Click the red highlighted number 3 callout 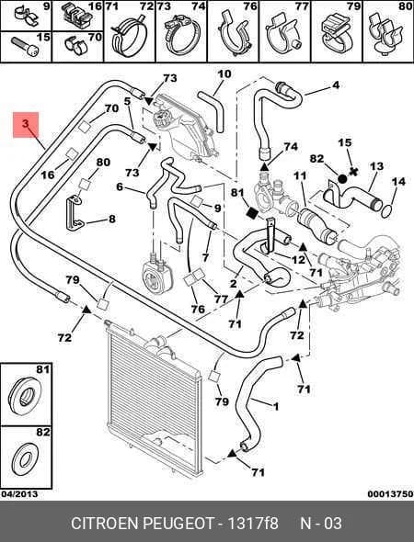point(25,123)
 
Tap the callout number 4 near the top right point(336,85)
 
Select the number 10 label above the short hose point(224,74)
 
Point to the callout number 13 point(376,166)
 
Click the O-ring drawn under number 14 point(387,211)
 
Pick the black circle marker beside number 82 point(342,179)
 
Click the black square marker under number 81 point(252,213)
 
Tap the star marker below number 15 point(353,172)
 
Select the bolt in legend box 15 point(25,48)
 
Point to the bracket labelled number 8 point(74,213)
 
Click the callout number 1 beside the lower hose point(276,406)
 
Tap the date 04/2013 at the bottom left point(19,494)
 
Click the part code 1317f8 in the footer point(253,523)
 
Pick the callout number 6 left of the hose point(120,187)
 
